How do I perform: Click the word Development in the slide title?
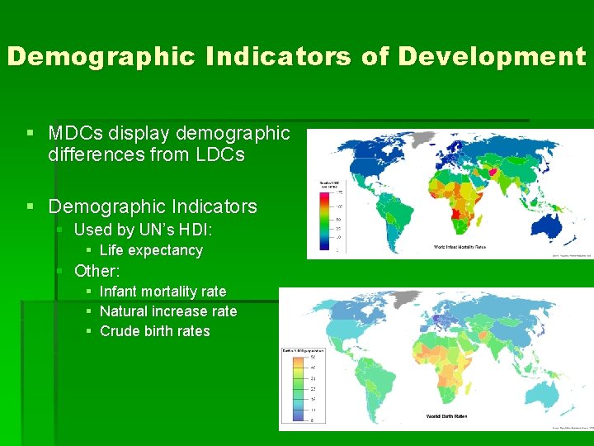click(492, 56)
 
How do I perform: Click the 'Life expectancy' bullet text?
click(151, 250)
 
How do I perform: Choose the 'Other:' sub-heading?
click(97, 271)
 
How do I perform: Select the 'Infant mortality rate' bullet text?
click(163, 292)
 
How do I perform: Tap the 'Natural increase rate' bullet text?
click(168, 311)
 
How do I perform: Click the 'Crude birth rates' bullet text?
click(155, 331)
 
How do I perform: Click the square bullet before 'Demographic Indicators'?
click(31, 206)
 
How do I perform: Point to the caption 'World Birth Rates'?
click(446, 416)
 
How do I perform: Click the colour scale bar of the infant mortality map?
click(323, 216)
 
